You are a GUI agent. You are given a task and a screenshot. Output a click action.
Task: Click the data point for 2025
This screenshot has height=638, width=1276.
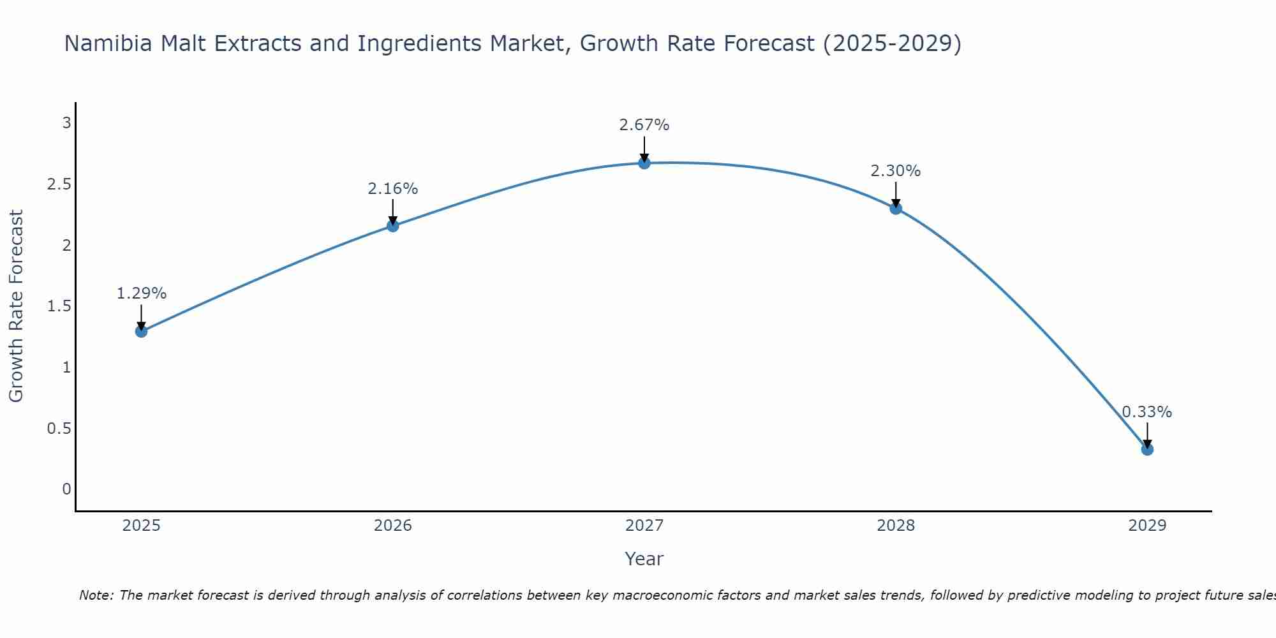point(141,331)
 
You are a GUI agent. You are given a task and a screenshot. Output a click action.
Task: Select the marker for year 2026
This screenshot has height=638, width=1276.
point(393,225)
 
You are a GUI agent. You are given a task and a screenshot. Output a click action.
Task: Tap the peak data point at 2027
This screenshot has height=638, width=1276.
point(644,163)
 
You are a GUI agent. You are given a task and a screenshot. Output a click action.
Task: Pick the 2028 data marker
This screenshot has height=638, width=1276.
point(896,208)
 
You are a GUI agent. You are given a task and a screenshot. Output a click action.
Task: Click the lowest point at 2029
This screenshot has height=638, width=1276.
point(1147,449)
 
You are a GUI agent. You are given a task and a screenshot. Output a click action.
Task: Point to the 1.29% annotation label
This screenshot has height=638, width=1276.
point(141,293)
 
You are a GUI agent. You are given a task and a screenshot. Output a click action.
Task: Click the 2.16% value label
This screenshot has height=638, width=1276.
point(393,189)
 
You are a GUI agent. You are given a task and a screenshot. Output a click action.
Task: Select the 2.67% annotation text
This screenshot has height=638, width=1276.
point(644,125)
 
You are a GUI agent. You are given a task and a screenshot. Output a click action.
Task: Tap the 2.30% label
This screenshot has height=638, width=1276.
point(896,171)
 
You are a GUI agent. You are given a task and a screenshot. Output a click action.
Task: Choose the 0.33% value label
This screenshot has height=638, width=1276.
point(1147,412)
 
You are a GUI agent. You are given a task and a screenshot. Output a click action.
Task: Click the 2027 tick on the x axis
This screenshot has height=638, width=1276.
point(644,526)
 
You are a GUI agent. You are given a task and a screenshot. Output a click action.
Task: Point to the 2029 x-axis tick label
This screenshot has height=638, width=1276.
point(1147,526)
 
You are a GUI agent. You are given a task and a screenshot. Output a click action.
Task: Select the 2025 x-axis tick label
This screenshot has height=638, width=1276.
point(141,526)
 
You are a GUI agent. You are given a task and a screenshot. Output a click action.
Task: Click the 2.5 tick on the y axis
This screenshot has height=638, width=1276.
point(59,184)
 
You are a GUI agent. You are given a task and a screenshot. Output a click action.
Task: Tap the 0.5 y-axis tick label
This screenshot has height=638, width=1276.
point(59,428)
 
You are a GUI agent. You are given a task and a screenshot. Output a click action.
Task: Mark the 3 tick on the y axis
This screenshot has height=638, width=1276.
point(66,123)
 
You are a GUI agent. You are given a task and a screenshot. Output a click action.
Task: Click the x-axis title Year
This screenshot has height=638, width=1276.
point(644,559)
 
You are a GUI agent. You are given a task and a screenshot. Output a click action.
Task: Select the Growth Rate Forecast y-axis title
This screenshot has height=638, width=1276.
point(16,306)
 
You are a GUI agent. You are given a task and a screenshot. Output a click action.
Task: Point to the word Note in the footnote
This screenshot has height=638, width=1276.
point(96,595)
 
